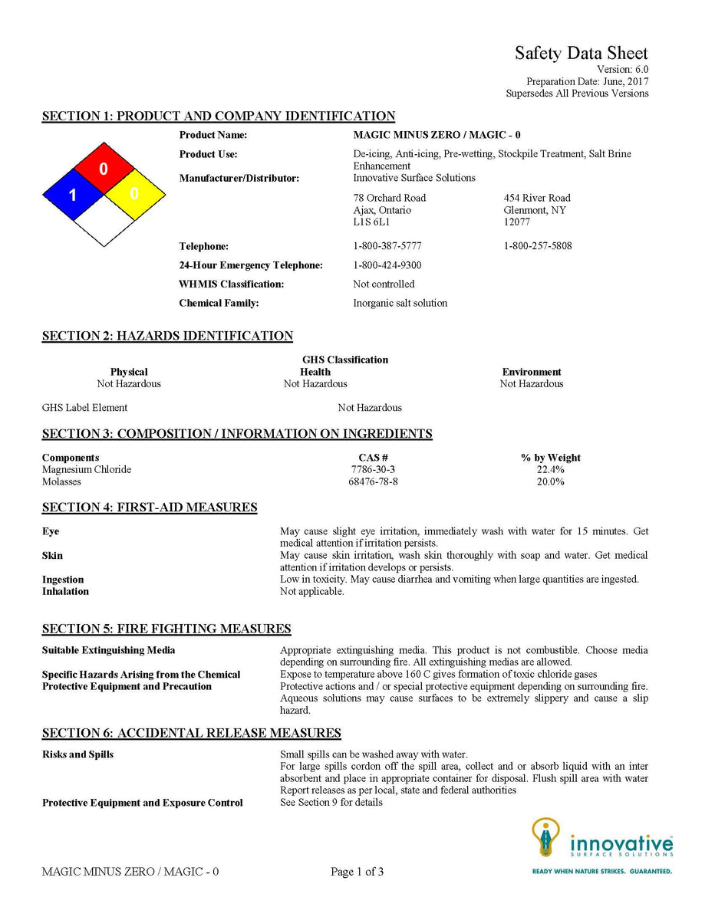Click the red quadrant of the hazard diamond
point(104,168)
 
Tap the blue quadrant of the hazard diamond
point(74,195)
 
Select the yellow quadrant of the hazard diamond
point(133,194)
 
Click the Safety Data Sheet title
point(581,53)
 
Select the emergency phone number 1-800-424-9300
point(387,265)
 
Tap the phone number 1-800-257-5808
point(538,246)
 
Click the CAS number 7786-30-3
point(373,469)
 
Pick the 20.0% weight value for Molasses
point(550,481)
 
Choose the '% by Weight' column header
point(550,458)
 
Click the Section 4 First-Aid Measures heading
point(150,508)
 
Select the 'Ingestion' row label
point(63,580)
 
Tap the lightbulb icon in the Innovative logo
point(545,836)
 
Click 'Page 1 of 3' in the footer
point(357,872)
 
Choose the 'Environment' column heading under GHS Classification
point(532,372)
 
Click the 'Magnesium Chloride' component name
point(87,469)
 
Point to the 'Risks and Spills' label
point(77,754)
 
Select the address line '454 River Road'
point(537,198)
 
